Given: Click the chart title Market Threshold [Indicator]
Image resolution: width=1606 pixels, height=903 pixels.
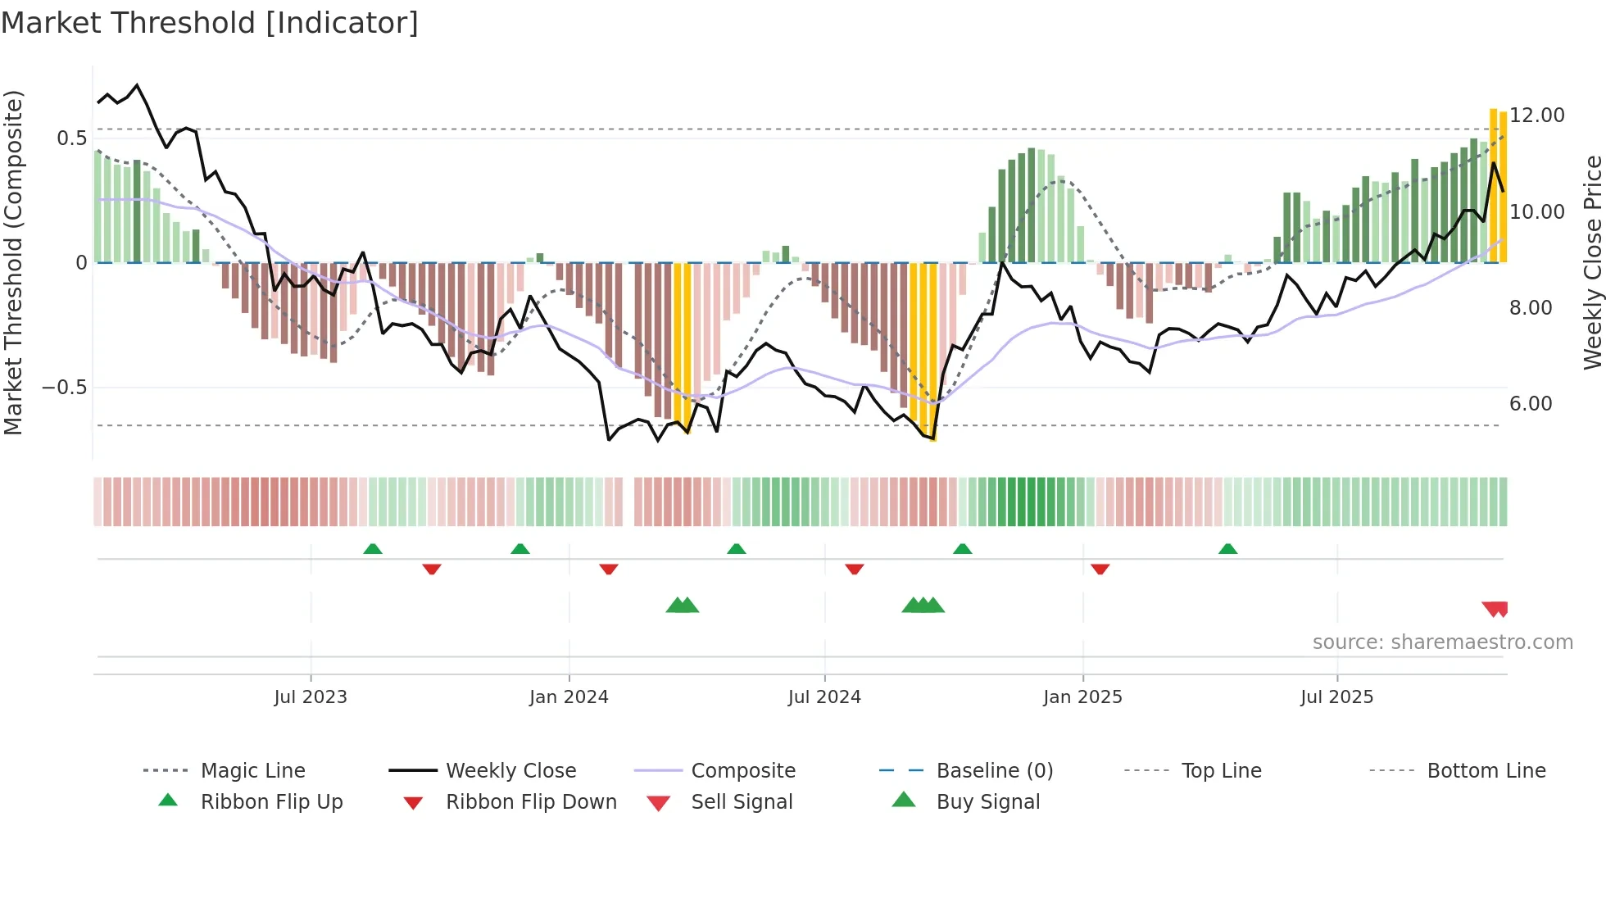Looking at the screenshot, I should [210, 23].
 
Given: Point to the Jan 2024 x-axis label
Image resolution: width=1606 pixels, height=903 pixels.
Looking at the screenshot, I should [569, 697].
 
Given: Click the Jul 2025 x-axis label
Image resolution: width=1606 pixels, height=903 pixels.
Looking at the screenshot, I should [1336, 697].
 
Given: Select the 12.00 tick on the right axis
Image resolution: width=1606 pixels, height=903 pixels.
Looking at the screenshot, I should [1537, 116].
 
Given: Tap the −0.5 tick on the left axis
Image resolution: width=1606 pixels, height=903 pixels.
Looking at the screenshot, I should [65, 388].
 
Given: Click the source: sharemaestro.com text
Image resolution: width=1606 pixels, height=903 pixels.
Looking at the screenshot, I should [1442, 642].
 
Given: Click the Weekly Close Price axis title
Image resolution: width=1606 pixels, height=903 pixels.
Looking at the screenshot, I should [1592, 262].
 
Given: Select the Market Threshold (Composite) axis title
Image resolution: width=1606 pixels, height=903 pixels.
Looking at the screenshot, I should [13, 262].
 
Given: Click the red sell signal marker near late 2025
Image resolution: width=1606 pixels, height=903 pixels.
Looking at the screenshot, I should [1495, 609].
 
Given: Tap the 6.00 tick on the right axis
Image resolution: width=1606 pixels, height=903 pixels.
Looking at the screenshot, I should [1531, 403].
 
